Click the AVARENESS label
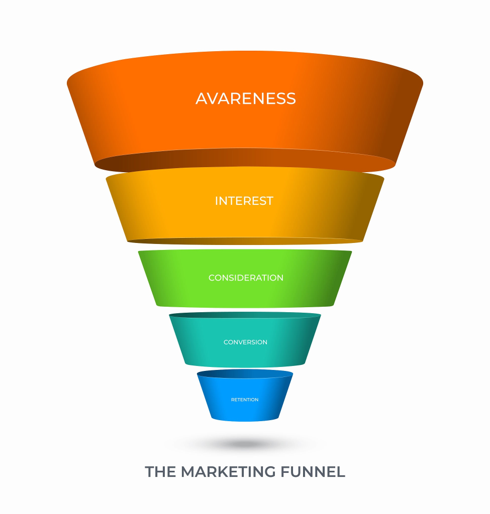coord(245,99)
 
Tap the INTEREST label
coord(244,201)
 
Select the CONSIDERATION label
coord(246,278)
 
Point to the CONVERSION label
coord(245,342)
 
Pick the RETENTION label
coord(245,400)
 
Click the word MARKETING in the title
coord(228,472)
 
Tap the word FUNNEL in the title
coord(313,472)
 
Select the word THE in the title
coord(160,472)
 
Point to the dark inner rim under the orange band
coord(245,160)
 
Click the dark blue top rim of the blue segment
coord(245,373)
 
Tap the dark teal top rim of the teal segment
coord(245,315)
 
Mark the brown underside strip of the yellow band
coord(245,241)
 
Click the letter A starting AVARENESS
coord(202,99)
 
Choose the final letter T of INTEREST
coord(270,201)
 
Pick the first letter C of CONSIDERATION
coord(212,278)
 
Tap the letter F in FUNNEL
coord(285,472)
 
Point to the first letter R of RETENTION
coord(233,400)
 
